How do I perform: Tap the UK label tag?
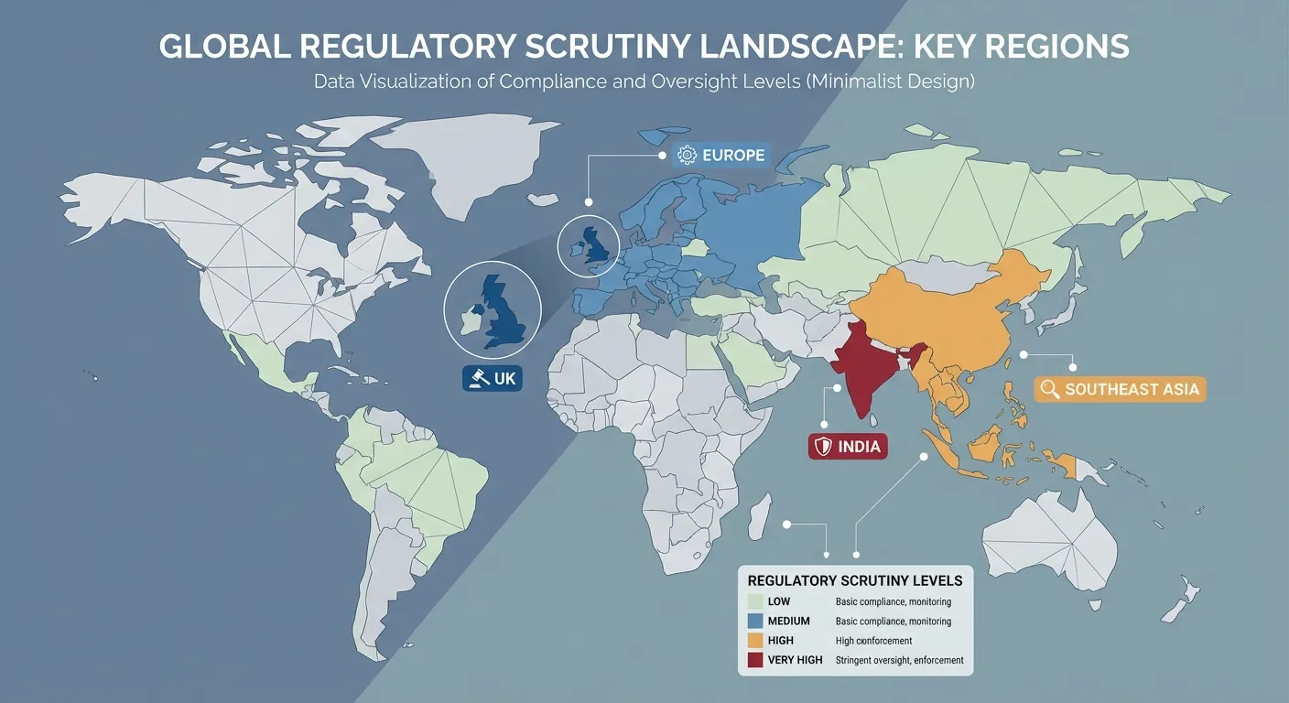click(493, 378)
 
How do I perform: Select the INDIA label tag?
click(846, 447)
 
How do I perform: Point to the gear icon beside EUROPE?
click(687, 155)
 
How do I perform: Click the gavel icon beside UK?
click(475, 378)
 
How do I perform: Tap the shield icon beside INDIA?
click(823, 447)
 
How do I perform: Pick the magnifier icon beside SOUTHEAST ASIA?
click(1050, 389)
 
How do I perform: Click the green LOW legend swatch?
click(755, 602)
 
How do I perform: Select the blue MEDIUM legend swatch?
click(755, 622)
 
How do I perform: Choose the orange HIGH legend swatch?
click(755, 641)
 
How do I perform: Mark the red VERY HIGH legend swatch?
click(755, 660)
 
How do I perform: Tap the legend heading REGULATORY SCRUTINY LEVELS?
click(855, 580)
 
